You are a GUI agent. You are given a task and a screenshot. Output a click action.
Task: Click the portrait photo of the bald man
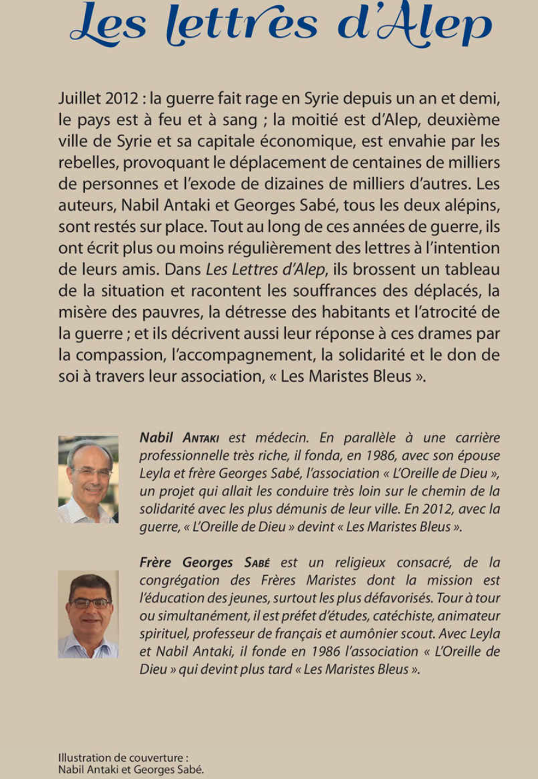[88, 479]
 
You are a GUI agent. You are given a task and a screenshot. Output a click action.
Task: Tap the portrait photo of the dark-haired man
[88, 614]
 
